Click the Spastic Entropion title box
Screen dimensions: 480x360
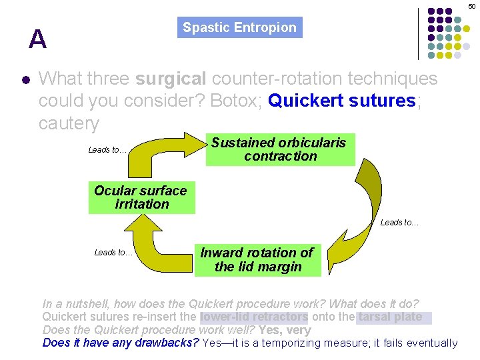click(239, 28)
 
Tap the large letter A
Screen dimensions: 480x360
click(38, 40)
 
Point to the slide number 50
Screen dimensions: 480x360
click(471, 5)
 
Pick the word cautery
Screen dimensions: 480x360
click(69, 123)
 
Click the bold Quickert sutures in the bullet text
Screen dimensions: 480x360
click(342, 101)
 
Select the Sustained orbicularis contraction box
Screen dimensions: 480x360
click(280, 149)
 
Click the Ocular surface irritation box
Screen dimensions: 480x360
click(141, 197)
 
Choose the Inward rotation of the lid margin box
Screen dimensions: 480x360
click(257, 260)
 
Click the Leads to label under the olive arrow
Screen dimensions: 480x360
click(399, 223)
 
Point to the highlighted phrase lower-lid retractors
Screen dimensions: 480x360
click(254, 317)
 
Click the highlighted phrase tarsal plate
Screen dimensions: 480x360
click(390, 317)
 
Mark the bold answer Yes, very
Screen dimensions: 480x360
click(284, 330)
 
